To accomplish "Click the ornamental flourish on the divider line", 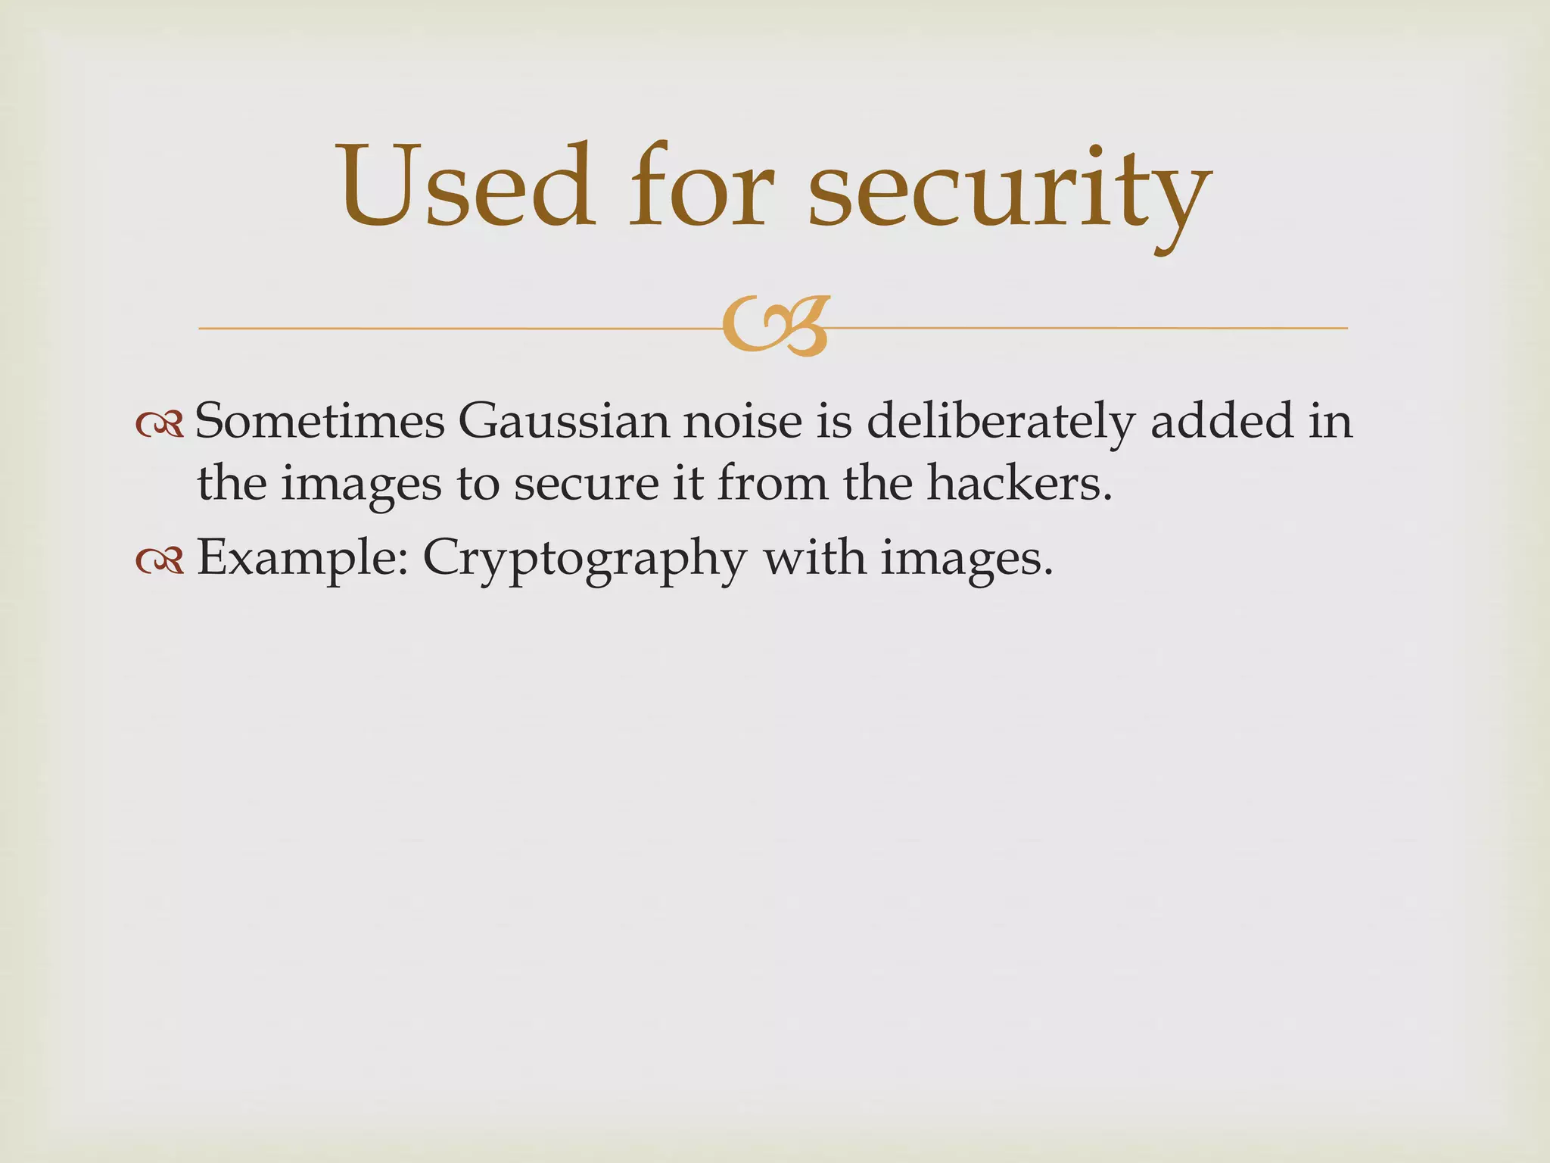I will (x=776, y=327).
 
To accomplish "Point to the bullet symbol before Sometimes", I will (x=160, y=426).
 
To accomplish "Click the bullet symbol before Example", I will (x=160, y=560).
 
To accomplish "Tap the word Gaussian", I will (x=563, y=421).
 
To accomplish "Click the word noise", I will (x=742, y=421).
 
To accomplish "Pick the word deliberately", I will (x=1000, y=422).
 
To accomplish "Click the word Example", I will (x=303, y=559).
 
